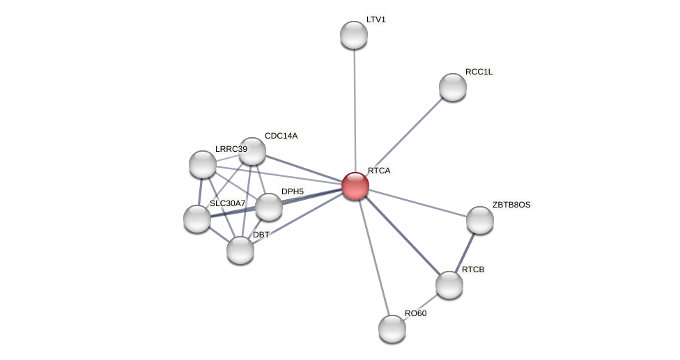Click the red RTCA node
tap(355, 186)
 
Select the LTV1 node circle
tap(354, 35)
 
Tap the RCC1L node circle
tap(453, 87)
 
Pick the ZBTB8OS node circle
tap(480, 220)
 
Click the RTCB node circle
tap(449, 284)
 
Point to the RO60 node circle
tap(392, 329)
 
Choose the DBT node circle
tap(240, 250)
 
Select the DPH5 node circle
tap(269, 207)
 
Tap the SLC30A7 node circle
tap(197, 219)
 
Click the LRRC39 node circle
tap(203, 164)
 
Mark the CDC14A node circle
tap(252, 151)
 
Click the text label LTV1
tap(376, 19)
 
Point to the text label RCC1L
tap(479, 72)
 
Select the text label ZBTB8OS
tap(511, 205)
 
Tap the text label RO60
tap(415, 313)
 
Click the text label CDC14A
tap(281, 136)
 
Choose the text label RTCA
tap(379, 171)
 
